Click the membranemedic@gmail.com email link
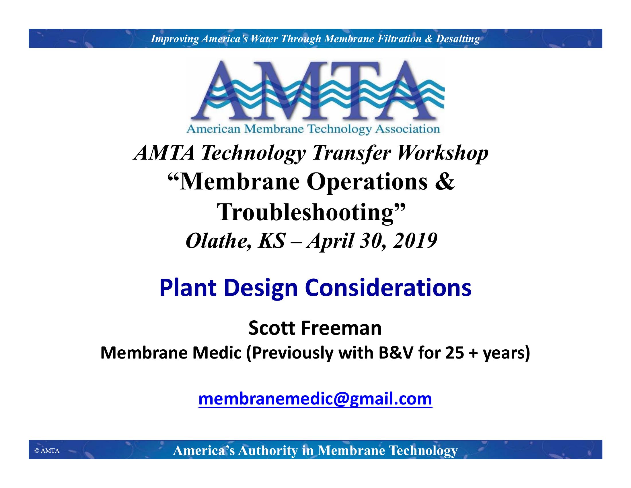pos(315,399)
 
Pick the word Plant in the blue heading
pos(188,288)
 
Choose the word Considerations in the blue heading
pos(388,288)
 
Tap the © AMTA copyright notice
pos(47,450)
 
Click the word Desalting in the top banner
pos(458,39)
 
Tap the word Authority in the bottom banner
pos(268,450)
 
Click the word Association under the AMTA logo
pos(407,129)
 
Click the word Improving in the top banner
pos(175,39)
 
